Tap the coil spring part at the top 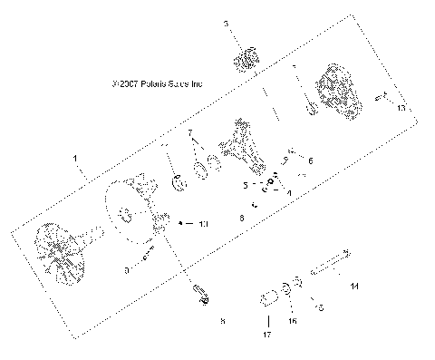[x=243, y=62]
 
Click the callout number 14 [x=354, y=286]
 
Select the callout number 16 [x=291, y=320]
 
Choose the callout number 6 [x=309, y=160]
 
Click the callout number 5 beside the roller [x=245, y=183]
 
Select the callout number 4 [x=288, y=193]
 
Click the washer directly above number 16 [x=287, y=290]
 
